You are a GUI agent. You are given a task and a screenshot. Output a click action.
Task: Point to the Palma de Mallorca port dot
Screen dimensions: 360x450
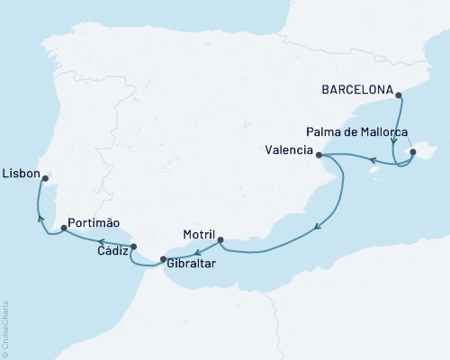point(413,152)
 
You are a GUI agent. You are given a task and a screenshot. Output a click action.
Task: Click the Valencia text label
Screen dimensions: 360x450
point(290,149)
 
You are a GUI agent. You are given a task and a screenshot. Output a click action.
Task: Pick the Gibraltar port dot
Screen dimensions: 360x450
point(163,260)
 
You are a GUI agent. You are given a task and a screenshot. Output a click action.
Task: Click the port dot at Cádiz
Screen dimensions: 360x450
point(134,247)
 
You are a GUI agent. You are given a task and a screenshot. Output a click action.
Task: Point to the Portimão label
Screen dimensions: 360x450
point(92,222)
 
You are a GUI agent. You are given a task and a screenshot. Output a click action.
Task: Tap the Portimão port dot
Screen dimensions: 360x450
point(64,229)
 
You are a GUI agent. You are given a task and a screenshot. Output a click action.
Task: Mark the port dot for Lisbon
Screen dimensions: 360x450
point(43,178)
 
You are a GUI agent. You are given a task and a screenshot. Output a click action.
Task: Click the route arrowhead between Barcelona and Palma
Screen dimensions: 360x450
point(394,141)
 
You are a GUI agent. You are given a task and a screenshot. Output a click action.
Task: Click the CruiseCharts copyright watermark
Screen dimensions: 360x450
point(5,329)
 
